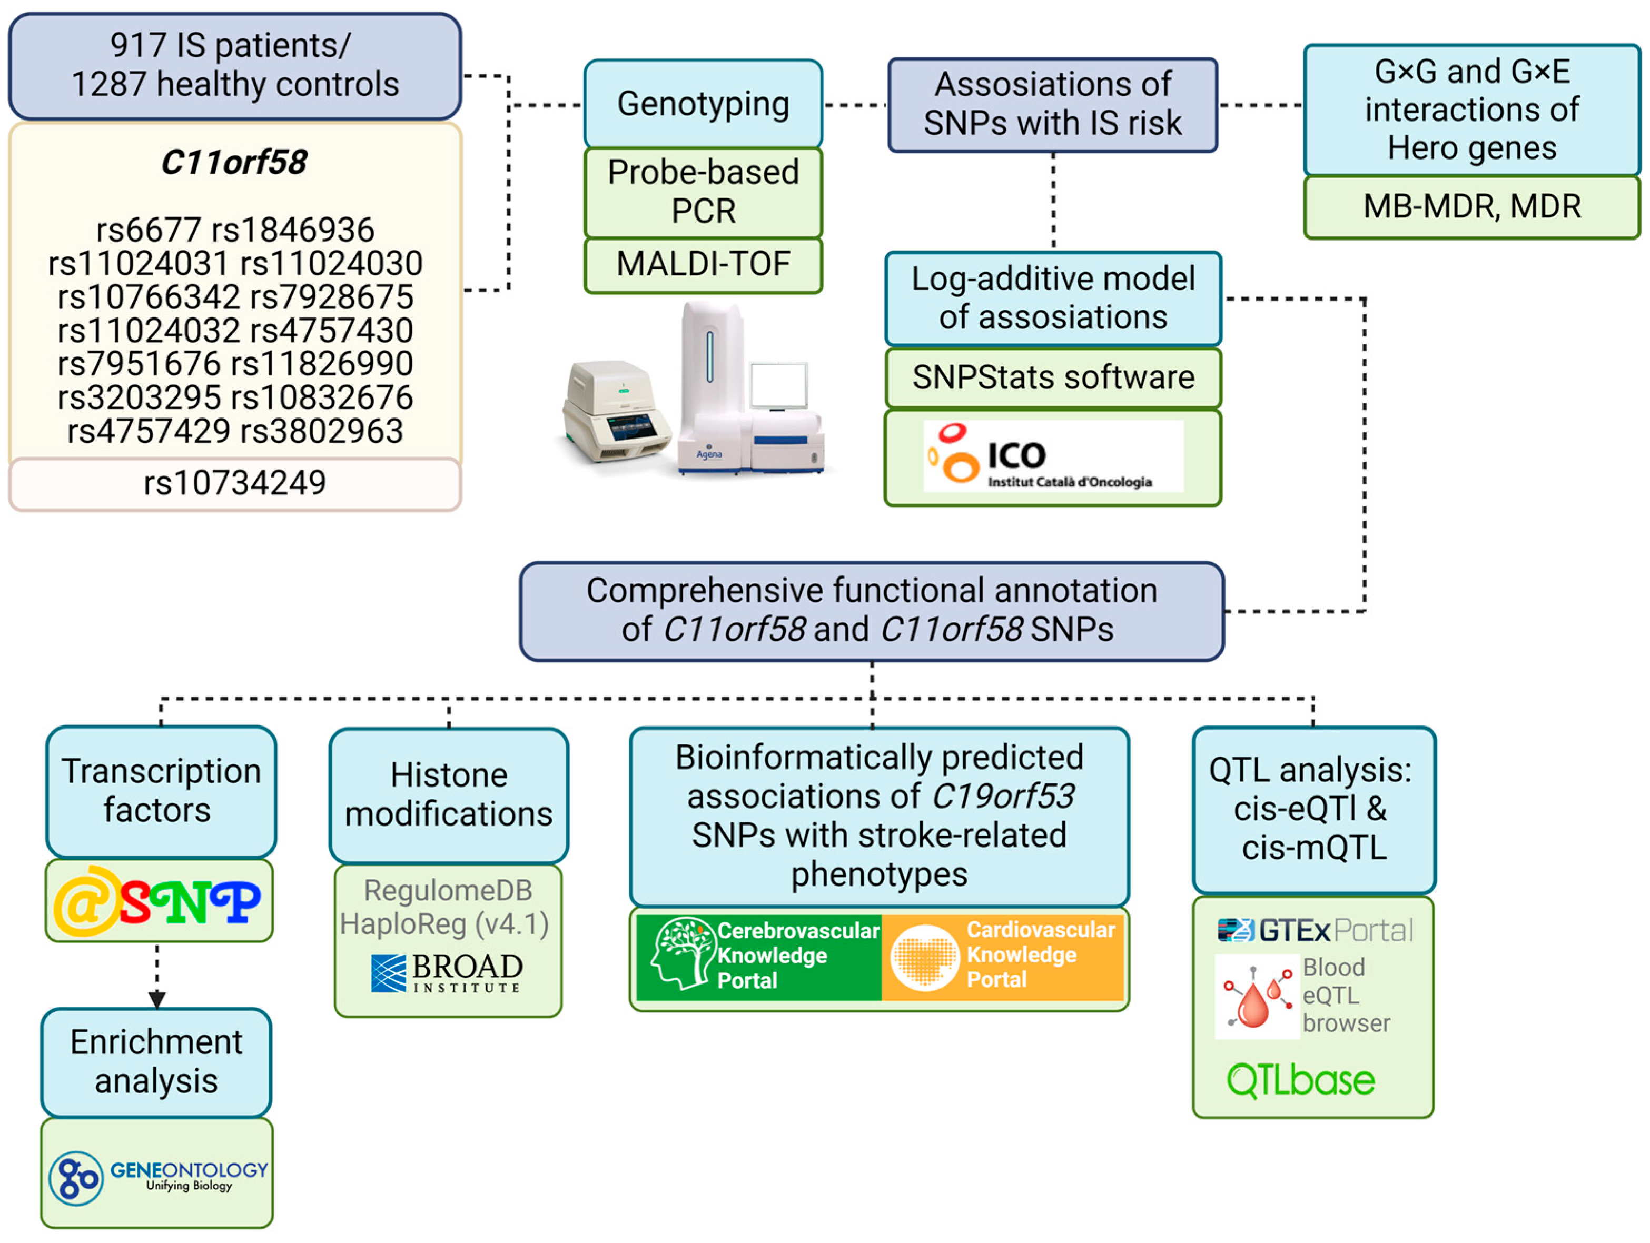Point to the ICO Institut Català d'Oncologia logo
[x=1052, y=455]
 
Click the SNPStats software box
[x=1052, y=377]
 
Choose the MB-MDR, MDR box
[x=1471, y=206]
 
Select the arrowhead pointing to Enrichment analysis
[x=156, y=998]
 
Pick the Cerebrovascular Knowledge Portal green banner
[x=758, y=956]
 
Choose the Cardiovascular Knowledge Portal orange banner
[x=1003, y=956]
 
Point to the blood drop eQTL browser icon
[x=1256, y=997]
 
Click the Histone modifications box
[x=448, y=795]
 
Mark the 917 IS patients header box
[x=235, y=66]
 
